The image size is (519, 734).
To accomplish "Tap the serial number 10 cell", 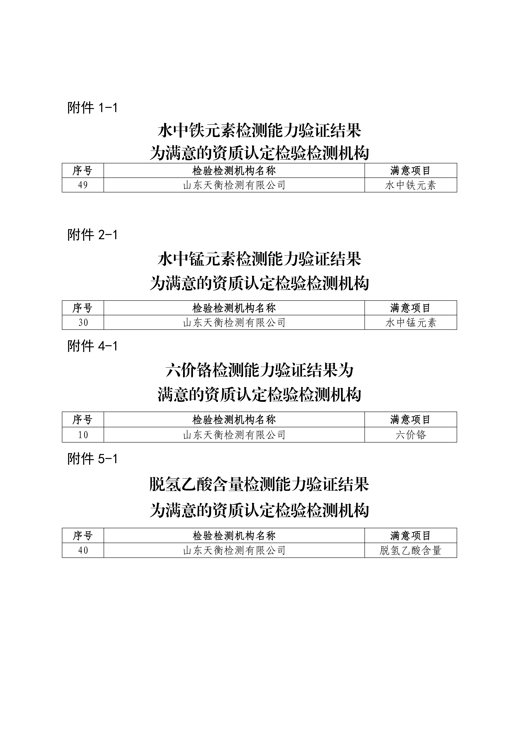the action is [83, 435].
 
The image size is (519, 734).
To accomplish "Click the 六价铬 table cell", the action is [411, 435].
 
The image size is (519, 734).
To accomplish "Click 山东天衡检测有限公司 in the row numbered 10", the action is [234, 435].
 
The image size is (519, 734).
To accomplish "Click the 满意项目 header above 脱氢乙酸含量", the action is [411, 536].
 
